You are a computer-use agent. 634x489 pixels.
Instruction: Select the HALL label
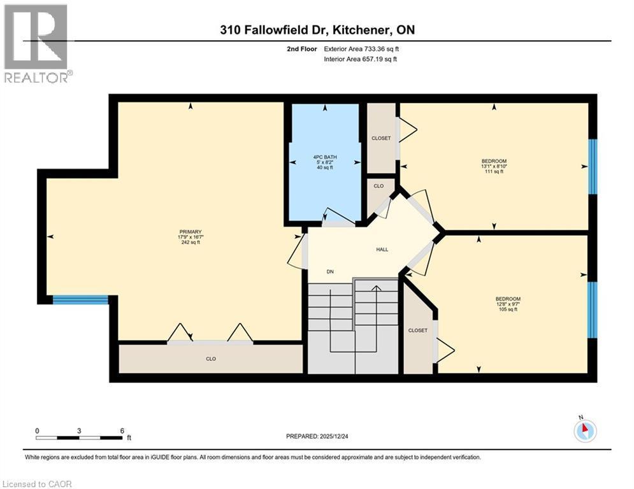pos(381,249)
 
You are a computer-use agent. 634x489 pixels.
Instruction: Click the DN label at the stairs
pos(331,272)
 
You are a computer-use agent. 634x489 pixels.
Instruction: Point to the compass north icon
pos(584,430)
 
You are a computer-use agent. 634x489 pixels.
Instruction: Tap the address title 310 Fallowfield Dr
pos(316,30)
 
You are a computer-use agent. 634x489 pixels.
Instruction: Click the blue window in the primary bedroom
pos(80,300)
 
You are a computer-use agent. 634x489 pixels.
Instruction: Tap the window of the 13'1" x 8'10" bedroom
pos(593,166)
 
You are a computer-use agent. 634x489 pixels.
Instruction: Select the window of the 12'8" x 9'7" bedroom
pos(593,309)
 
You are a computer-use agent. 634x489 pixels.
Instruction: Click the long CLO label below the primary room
pos(211,359)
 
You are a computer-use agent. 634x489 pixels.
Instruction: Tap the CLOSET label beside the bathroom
pos(381,138)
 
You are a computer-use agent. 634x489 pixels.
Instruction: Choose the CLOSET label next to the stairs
pos(418,330)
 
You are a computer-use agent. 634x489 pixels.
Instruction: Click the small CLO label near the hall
pos(378,187)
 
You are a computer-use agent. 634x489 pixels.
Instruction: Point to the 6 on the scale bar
pos(122,430)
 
